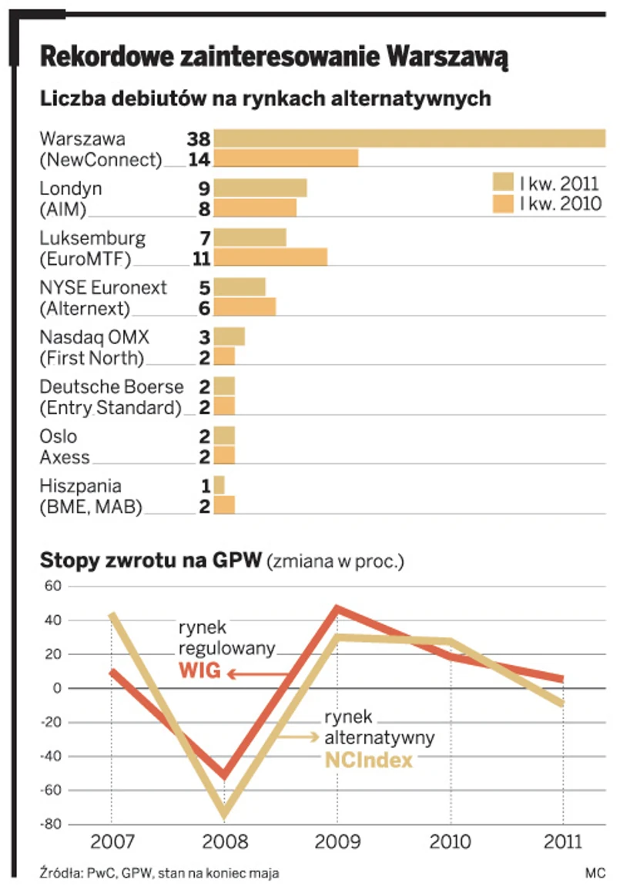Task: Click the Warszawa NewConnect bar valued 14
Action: point(286,159)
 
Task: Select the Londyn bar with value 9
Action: point(260,188)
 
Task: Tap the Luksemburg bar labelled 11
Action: point(270,257)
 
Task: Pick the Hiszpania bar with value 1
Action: point(220,486)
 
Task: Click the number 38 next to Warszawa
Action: point(198,139)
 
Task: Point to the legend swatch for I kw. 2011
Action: point(503,182)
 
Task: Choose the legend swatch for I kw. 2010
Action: point(503,204)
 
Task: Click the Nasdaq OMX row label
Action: point(95,337)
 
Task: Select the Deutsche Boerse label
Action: point(112,386)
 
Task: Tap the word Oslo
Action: point(59,436)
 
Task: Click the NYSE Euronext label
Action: point(103,288)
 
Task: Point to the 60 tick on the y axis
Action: point(51,587)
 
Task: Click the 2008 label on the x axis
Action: point(224,841)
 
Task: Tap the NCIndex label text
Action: point(369,759)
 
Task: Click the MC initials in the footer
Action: point(594,873)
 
